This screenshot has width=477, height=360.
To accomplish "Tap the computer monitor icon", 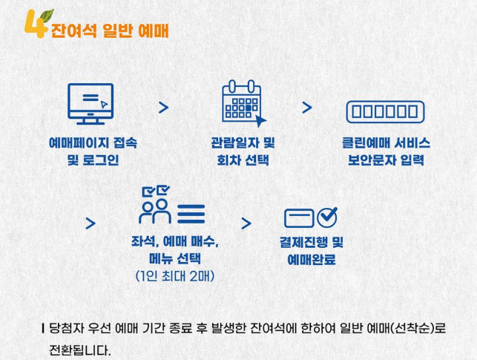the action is [x=91, y=103].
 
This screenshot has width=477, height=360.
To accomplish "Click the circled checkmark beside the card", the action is [x=327, y=217].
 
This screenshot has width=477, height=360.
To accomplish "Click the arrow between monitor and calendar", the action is [x=163, y=108].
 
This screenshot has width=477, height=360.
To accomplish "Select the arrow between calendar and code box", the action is [x=306, y=108].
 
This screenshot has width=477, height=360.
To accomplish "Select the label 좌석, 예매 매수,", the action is [x=175, y=242].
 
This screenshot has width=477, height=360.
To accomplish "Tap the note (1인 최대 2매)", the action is [x=175, y=278].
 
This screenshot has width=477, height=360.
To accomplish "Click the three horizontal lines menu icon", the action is [x=190, y=215].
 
